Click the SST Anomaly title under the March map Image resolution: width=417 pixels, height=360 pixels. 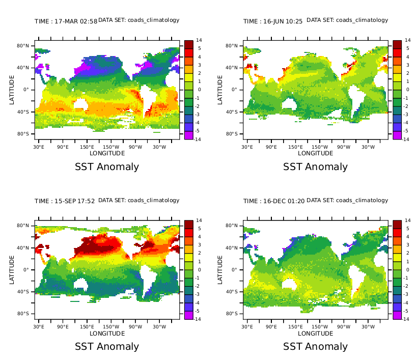(x=107, y=167)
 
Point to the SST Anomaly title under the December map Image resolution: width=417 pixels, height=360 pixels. (x=316, y=346)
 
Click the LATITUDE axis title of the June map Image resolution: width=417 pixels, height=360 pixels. (x=220, y=90)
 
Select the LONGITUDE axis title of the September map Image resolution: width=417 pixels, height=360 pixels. (x=107, y=334)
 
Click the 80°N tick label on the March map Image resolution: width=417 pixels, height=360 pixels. (x=23, y=46)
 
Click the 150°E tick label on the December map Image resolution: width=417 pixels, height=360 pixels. (x=296, y=327)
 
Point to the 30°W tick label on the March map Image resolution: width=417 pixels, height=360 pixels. (x=159, y=147)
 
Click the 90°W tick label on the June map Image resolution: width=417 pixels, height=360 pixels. (x=344, y=147)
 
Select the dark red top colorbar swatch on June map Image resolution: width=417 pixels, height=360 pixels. (x=397, y=44)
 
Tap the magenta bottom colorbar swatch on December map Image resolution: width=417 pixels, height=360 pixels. (x=397, y=315)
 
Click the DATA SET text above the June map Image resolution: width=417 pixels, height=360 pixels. (x=347, y=20)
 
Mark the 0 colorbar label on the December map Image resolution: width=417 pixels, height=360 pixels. (x=407, y=269)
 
